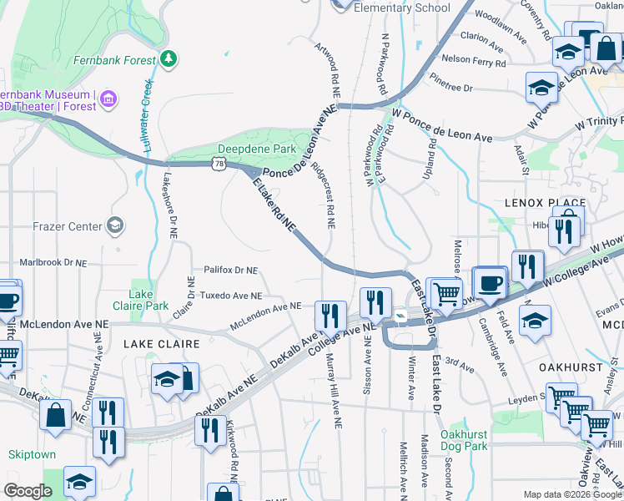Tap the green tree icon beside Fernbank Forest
[169, 58]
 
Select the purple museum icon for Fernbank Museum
[108, 101]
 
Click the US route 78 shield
[219, 164]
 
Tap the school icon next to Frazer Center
[114, 225]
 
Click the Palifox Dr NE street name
[231, 270]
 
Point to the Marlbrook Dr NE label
[53, 262]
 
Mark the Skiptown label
[31, 454]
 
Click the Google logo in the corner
[28, 491]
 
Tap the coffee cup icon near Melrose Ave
[490, 282]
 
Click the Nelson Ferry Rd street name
[473, 60]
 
